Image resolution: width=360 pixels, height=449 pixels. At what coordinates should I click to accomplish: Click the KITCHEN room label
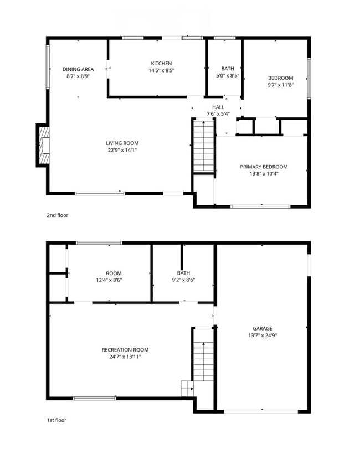coord(161,64)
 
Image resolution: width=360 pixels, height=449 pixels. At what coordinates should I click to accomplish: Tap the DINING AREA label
coord(78,69)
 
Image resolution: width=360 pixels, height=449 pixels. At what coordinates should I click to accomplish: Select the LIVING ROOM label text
coord(122,143)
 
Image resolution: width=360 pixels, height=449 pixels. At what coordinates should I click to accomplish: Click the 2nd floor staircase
coord(203,147)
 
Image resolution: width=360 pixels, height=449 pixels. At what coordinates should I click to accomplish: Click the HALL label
coord(218,107)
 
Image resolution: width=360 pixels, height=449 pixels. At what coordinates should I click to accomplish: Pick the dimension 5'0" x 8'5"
coord(227,76)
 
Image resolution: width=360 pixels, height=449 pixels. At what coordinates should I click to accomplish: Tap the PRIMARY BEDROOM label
coord(263,167)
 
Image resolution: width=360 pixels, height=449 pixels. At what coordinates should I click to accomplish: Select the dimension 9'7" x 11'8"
coord(280,85)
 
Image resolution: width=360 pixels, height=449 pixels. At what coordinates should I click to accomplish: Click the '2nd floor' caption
coord(58,215)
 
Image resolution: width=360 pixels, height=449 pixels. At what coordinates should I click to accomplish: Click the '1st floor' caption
coord(56,420)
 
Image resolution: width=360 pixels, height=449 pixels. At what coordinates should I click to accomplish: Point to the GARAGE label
coord(263,328)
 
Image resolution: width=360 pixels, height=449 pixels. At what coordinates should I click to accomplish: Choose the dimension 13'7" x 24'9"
coord(263,336)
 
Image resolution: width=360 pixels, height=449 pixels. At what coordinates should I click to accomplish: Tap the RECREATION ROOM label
coord(125,349)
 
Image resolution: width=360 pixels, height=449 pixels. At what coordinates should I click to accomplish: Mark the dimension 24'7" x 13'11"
coord(125,357)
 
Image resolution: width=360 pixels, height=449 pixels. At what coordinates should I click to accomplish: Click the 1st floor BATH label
coord(183,273)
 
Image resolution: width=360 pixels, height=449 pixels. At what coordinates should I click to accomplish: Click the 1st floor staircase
coord(203,360)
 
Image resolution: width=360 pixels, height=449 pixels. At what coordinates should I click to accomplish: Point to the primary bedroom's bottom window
coord(260,207)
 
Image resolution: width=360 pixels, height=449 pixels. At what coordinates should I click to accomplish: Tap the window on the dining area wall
coord(48,66)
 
